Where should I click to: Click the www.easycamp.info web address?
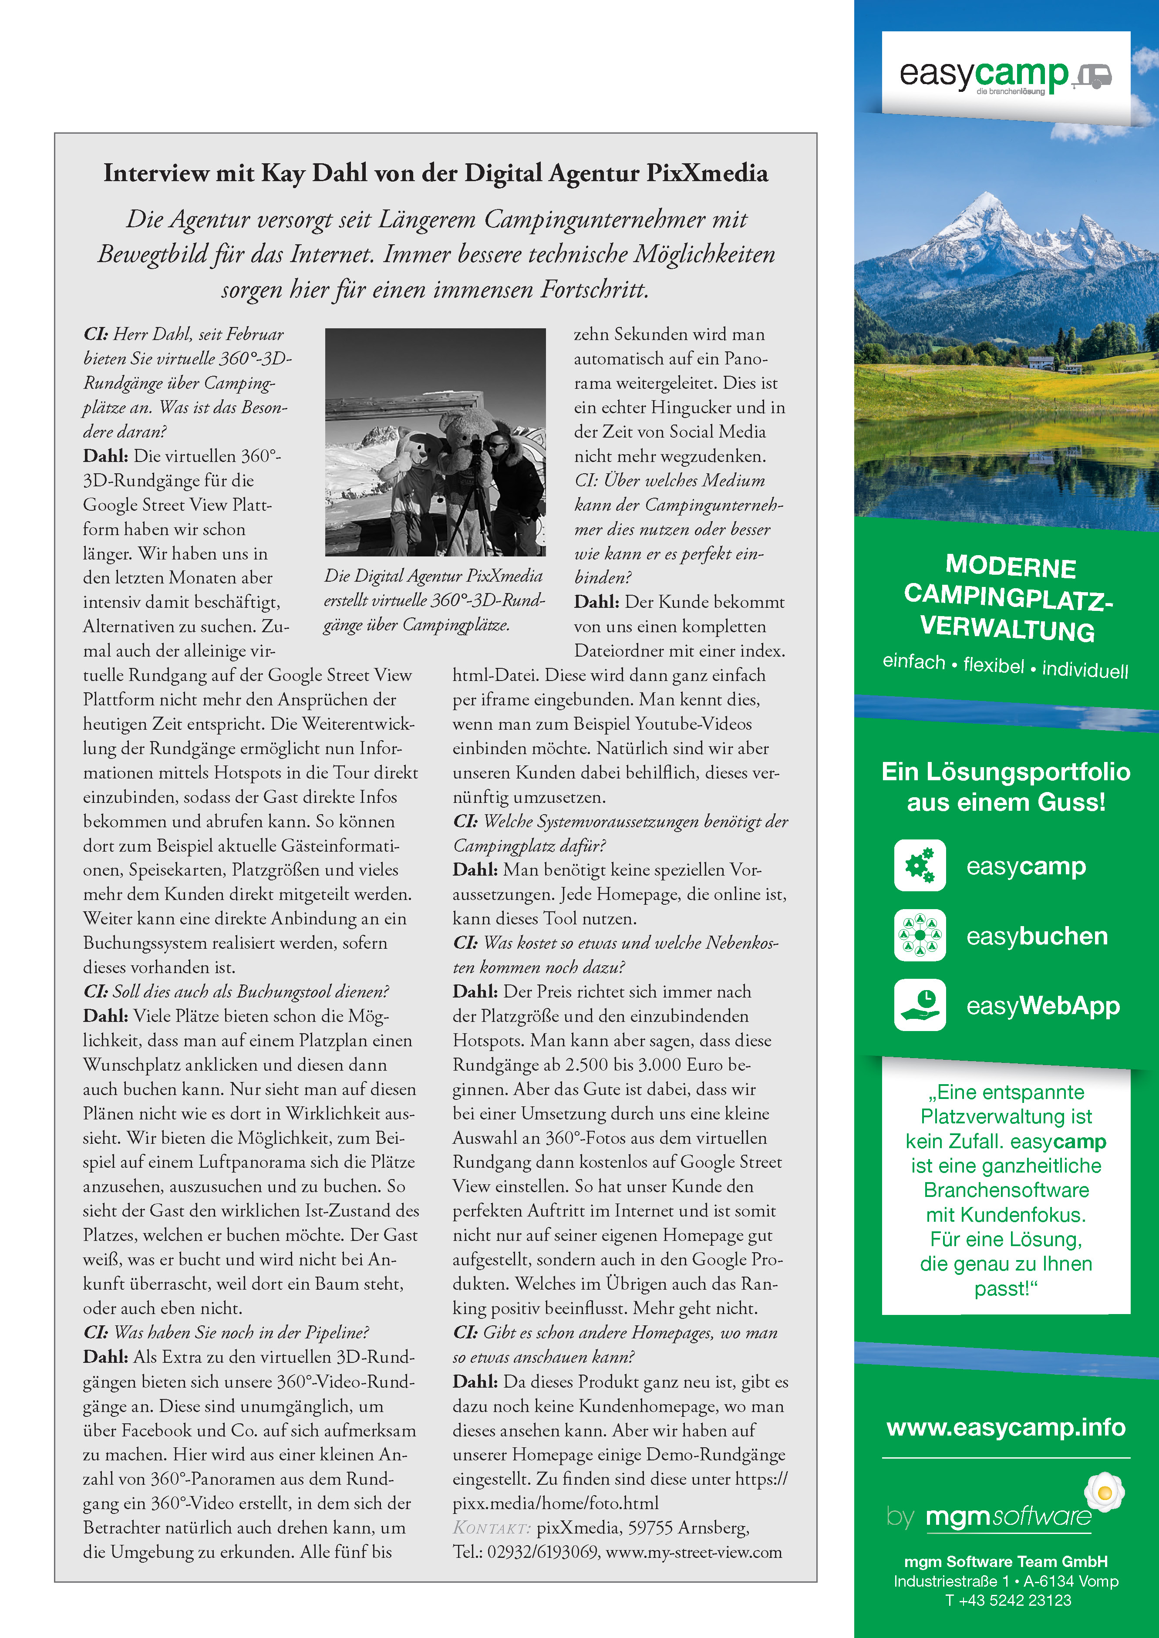tap(1006, 1427)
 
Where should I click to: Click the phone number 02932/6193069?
tap(542, 1552)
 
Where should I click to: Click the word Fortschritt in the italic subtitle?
tap(595, 290)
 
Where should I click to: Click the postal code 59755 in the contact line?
tap(650, 1528)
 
